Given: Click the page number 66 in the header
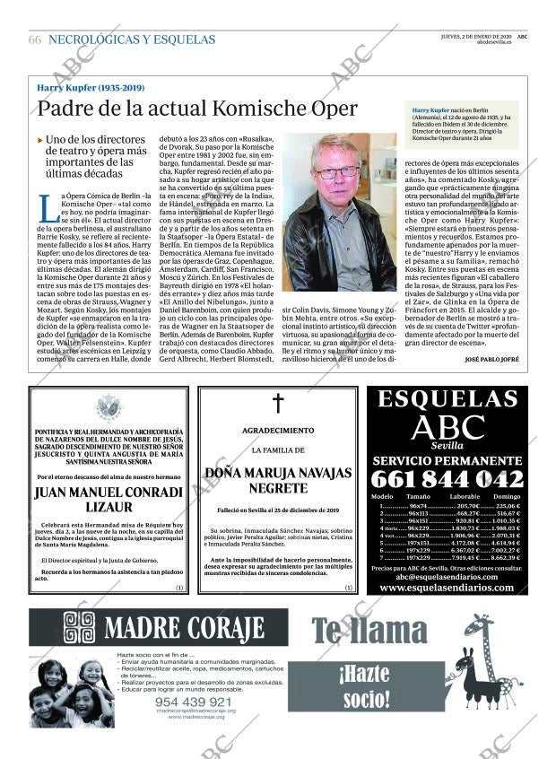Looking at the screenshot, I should (x=34, y=39).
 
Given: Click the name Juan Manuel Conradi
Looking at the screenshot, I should (x=109, y=492).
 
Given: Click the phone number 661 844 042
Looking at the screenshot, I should (x=447, y=479).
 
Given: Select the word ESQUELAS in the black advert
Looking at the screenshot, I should (x=447, y=400).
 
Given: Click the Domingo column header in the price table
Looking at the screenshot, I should (x=507, y=496).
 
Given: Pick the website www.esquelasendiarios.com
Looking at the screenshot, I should (x=447, y=588).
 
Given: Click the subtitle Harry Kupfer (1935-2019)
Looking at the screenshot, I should (x=91, y=88).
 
